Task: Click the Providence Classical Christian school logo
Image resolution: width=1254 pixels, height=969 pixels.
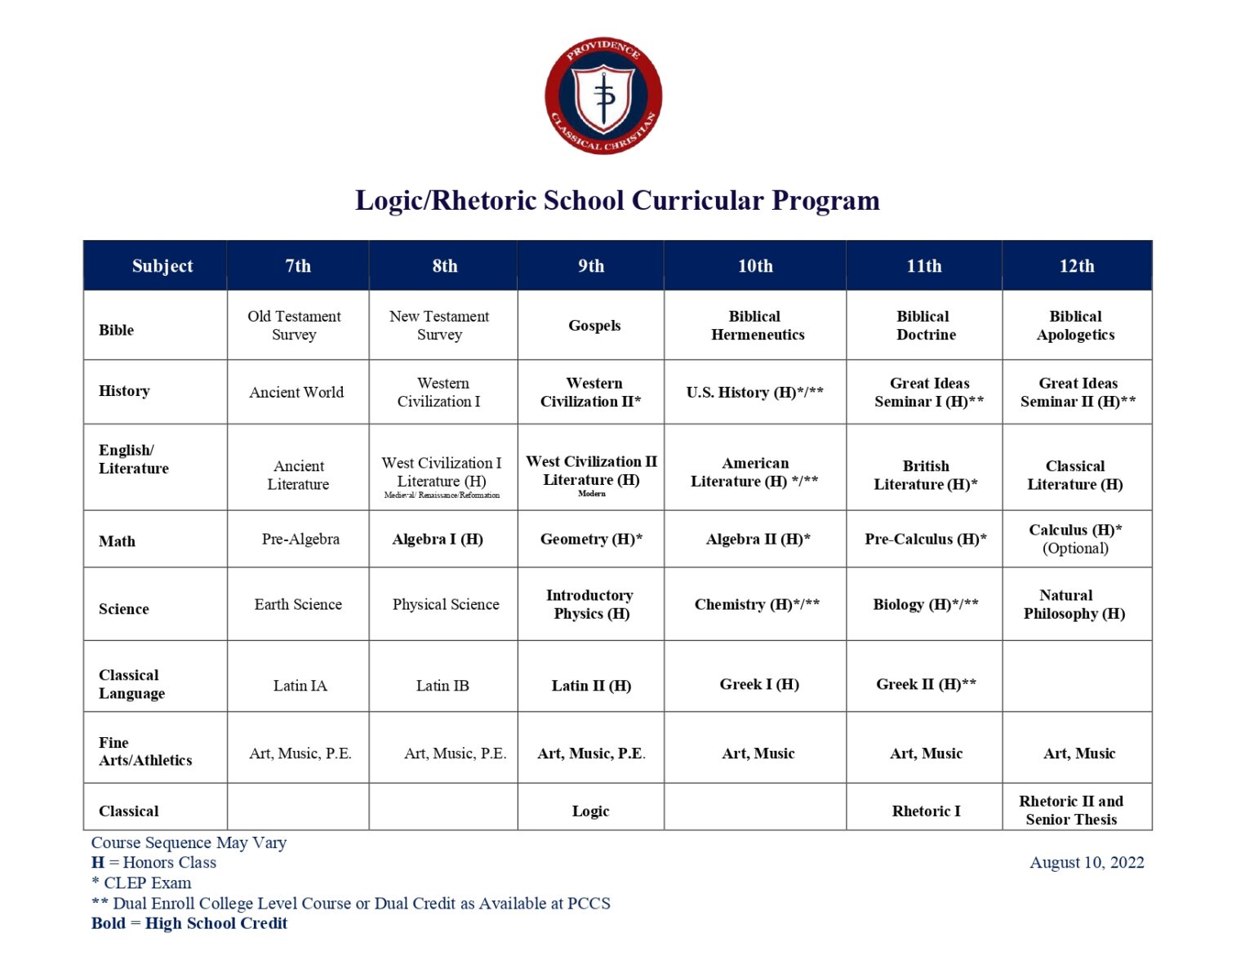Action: coord(603,96)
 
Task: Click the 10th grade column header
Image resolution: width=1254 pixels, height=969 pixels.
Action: coord(755,266)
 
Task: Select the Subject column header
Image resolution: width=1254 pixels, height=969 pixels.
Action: coord(162,266)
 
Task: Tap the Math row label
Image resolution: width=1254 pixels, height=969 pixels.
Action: coord(118,541)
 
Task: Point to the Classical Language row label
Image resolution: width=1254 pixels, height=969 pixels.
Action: coord(131,684)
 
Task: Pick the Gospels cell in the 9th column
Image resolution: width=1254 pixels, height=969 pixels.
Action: coord(594,326)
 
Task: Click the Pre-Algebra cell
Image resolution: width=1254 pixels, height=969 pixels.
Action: coord(300,539)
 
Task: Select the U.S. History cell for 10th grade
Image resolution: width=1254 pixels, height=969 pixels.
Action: coord(754,393)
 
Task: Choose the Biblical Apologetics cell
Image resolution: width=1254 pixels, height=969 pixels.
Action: coord(1075,326)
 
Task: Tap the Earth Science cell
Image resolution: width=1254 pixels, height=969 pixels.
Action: coord(298,605)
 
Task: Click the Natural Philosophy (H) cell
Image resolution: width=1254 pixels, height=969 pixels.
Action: coord(1074,605)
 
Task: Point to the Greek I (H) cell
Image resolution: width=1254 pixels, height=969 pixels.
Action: coord(759,684)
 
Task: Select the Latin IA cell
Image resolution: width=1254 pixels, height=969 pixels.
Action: coord(300,686)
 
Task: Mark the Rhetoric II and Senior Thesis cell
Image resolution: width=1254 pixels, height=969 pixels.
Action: coord(1071,810)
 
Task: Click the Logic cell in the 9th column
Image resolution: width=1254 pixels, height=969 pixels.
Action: coord(590,811)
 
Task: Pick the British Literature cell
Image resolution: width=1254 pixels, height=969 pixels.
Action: coord(925,475)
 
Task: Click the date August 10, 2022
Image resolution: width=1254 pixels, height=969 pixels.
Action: coord(1086,863)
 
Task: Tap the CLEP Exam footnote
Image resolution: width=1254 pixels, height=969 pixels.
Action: coord(142,883)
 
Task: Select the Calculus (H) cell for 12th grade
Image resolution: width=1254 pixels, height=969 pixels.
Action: coord(1075,539)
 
